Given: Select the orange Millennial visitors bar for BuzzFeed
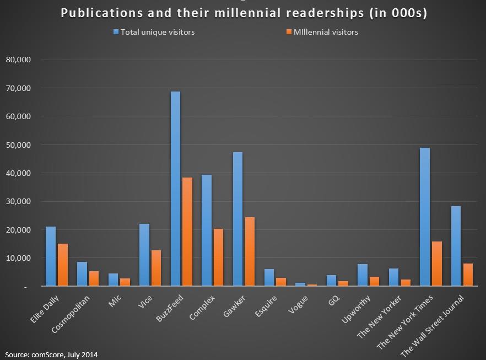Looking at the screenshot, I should click(x=187, y=232).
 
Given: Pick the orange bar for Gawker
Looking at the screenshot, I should click(x=250, y=251).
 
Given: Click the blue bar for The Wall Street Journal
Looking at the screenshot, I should click(x=456, y=246).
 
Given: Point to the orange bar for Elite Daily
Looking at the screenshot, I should click(x=62, y=265).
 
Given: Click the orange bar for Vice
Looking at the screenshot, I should click(x=156, y=268).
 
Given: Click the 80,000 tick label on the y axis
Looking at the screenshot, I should click(x=18, y=60).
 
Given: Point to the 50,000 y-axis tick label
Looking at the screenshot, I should click(x=18, y=145).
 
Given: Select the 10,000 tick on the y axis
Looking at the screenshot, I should click(x=18, y=258).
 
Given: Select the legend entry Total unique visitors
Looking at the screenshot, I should click(x=158, y=32).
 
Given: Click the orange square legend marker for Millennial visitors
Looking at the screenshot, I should click(x=288, y=32).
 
